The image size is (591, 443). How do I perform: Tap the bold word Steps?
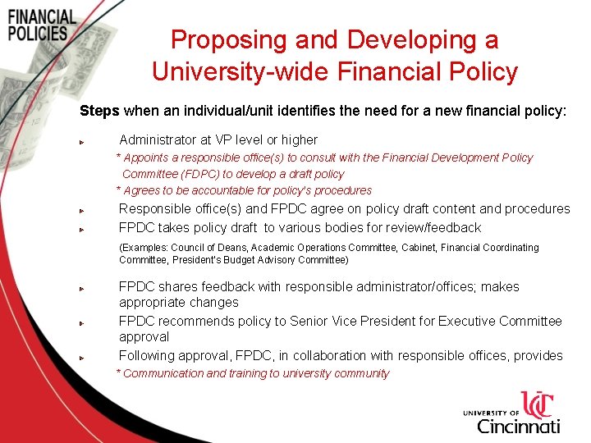(x=99, y=109)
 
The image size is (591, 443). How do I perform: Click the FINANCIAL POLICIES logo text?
(x=42, y=25)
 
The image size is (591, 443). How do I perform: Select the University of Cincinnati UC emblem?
(x=538, y=405)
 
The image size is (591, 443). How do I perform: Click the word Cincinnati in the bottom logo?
(x=519, y=426)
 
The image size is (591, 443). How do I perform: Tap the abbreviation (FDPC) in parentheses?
(x=198, y=174)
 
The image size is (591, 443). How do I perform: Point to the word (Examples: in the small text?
(x=143, y=247)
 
